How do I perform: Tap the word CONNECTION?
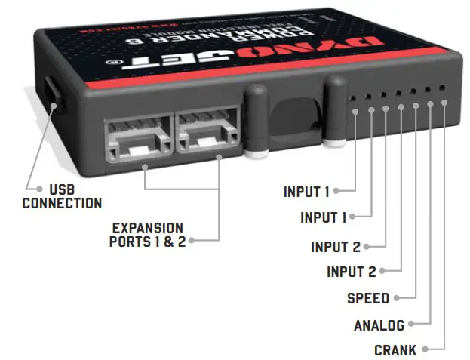tap(62, 202)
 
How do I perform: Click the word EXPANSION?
tap(147, 227)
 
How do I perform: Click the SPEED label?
tap(367, 298)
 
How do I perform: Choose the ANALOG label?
tap(379, 325)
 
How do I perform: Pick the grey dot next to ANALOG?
tap(412, 325)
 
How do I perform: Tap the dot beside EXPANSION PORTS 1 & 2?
tap(193, 241)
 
